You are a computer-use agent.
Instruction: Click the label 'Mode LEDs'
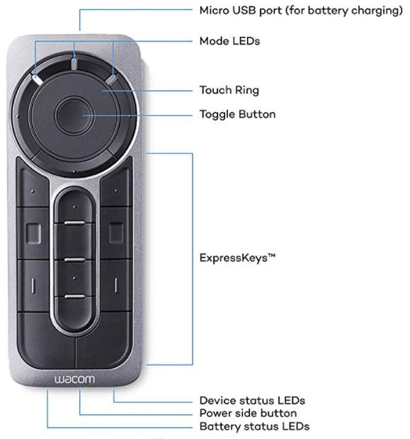pos(229,41)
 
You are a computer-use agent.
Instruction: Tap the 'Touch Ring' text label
pos(229,90)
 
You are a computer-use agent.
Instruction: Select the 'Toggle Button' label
pos(237,114)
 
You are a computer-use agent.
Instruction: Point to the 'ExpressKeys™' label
pos(237,258)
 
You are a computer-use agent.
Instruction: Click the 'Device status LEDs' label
pos(252,400)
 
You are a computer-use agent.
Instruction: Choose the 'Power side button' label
pos(248,414)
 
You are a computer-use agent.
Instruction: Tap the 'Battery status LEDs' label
pos(254,426)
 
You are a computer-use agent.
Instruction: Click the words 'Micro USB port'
pos(241,11)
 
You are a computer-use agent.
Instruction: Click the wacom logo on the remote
pos(74,380)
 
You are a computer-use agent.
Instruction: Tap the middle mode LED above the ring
pos(74,64)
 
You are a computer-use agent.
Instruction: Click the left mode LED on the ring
pos(37,79)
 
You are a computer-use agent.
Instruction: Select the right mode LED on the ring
pos(111,79)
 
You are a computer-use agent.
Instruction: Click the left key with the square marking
pos(33,233)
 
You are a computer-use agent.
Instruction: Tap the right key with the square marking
pos(116,233)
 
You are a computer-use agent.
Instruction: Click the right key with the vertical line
pos(116,285)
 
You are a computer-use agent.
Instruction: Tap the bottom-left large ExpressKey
pos(47,340)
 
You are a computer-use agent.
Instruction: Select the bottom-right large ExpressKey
pos(104,340)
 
